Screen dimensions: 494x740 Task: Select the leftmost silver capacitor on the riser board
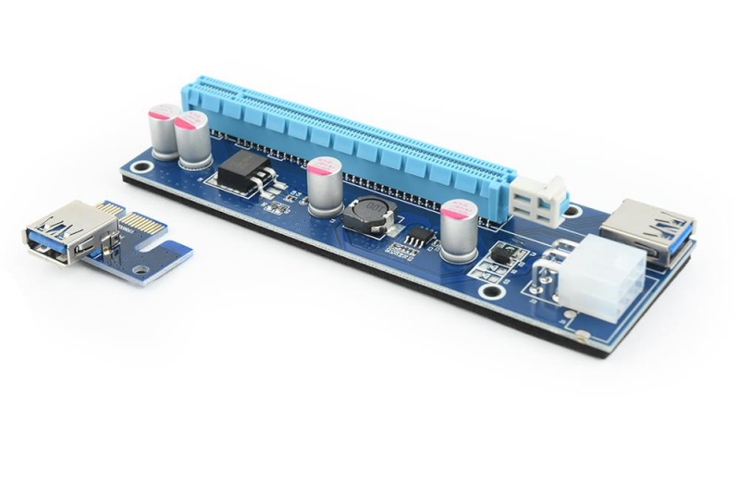166,131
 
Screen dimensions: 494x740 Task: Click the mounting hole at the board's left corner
141,167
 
